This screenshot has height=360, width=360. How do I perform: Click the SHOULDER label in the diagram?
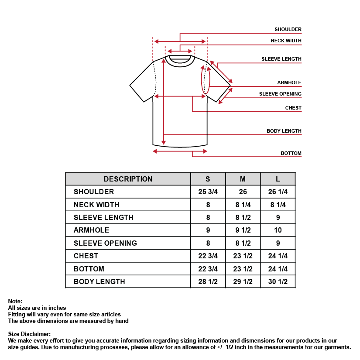tap(288, 30)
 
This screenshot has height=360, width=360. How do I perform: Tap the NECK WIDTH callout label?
tap(286, 41)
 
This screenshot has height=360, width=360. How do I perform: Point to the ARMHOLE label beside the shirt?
tap(289, 82)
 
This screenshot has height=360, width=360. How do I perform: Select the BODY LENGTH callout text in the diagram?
tap(284, 131)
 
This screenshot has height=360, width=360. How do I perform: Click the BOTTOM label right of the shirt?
tap(291, 154)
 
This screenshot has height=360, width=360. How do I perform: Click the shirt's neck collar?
tap(180, 60)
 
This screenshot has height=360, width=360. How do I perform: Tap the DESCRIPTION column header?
tap(128, 179)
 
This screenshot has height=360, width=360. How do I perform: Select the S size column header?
tap(208, 179)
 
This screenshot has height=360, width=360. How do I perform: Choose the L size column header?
tap(278, 179)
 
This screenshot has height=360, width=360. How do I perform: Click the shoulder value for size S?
tap(208, 192)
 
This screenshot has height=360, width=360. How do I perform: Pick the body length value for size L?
tap(278, 281)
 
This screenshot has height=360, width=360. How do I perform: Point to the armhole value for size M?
tap(243, 230)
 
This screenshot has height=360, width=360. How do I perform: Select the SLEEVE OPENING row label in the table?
tap(105, 243)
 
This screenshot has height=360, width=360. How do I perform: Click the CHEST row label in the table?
tap(86, 256)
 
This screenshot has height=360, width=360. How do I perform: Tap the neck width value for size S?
tap(208, 205)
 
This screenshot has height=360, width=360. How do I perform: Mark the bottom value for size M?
tap(243, 269)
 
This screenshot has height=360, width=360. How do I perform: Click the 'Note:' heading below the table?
tap(15, 302)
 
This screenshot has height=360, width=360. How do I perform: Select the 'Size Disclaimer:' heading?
tap(29, 334)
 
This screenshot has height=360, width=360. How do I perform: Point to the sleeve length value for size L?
tap(278, 217)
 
